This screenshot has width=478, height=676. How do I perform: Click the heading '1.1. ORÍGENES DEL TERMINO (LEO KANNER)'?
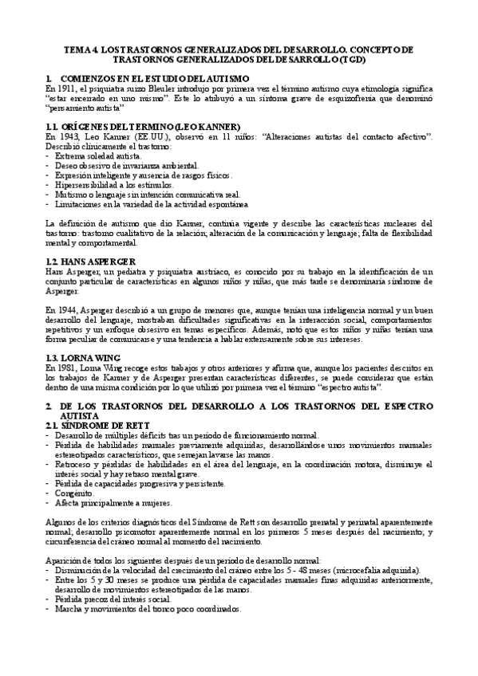[144, 126]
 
